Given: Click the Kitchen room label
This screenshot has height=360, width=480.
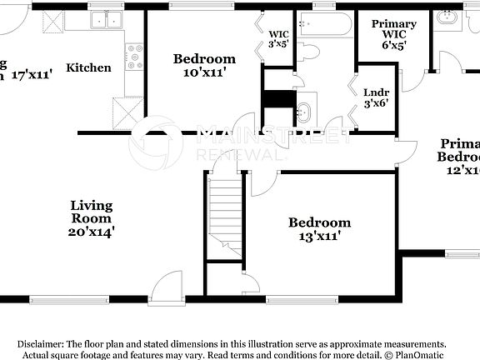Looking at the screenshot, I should pos(88,67).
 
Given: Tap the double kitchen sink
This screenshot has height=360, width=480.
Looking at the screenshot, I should pos(106,20).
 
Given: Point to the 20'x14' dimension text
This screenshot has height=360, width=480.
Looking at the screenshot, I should pos(91,232).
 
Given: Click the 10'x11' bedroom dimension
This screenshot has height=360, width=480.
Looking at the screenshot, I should pos(204,73).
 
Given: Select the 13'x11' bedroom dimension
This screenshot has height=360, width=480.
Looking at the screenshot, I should pos(320,237).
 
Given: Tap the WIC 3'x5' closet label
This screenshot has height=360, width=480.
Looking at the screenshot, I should pos(278,38).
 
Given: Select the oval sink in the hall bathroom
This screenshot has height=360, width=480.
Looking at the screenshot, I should pos(305,109).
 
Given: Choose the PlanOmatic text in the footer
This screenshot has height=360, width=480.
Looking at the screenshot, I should pos(432,355).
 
